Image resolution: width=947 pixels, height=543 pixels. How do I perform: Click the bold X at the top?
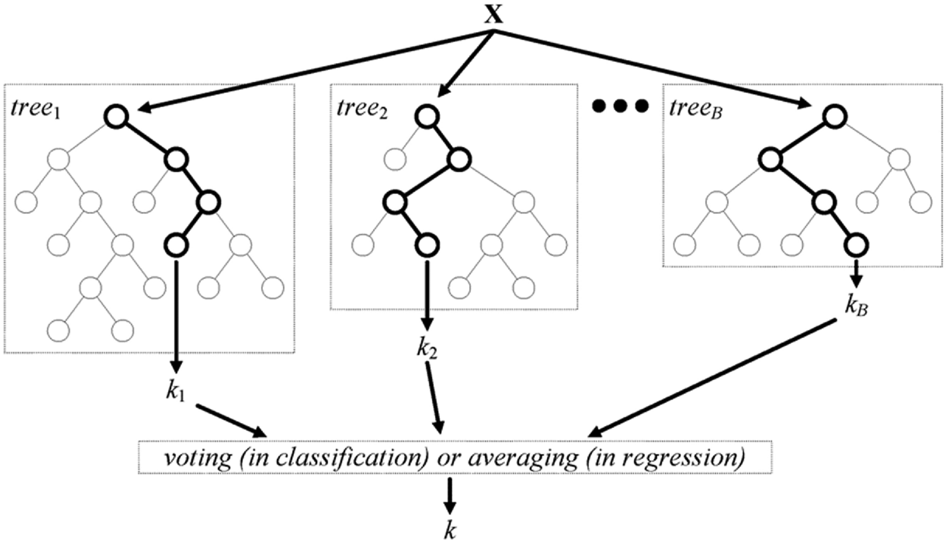click(x=493, y=13)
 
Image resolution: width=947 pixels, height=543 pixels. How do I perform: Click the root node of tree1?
click(x=118, y=116)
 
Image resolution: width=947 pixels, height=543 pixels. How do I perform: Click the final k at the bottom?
click(x=449, y=529)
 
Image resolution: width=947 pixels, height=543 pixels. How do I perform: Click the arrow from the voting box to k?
click(x=449, y=496)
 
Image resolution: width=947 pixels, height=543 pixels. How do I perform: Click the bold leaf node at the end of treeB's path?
click(x=855, y=244)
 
